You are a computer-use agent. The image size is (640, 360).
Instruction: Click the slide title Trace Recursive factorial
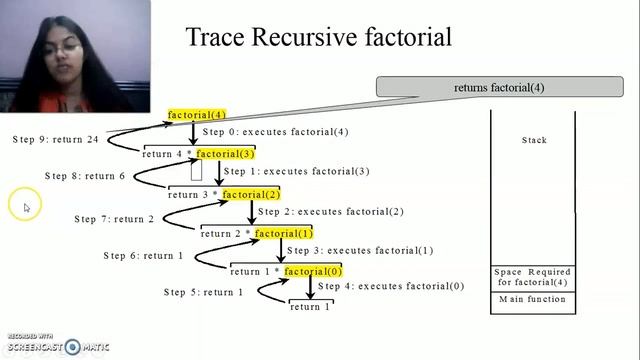[319, 38]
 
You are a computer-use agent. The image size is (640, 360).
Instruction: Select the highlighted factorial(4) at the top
[197, 115]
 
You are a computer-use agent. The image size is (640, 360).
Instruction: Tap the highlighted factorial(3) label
[225, 154]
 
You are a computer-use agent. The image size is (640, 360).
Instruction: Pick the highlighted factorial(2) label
[251, 194]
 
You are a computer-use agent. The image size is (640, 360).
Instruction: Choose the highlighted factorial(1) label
[284, 233]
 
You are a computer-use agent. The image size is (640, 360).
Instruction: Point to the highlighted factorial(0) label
[313, 271]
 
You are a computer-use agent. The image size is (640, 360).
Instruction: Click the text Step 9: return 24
[56, 139]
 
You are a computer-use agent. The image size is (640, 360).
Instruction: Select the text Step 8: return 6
[85, 176]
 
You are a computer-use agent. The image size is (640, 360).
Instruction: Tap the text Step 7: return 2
[114, 219]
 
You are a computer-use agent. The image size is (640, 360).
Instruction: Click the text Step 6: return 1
[143, 256]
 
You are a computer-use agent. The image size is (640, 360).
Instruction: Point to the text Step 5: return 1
[203, 292]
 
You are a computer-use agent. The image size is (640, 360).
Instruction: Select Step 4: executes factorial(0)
[391, 286]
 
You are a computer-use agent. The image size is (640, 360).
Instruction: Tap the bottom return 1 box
[311, 307]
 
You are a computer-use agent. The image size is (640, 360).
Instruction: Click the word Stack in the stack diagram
[534, 141]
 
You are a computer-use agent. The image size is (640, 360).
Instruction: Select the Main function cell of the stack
[533, 300]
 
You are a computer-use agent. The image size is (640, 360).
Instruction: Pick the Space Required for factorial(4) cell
[533, 277]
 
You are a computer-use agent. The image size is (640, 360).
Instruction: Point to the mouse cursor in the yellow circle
[26, 207]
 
